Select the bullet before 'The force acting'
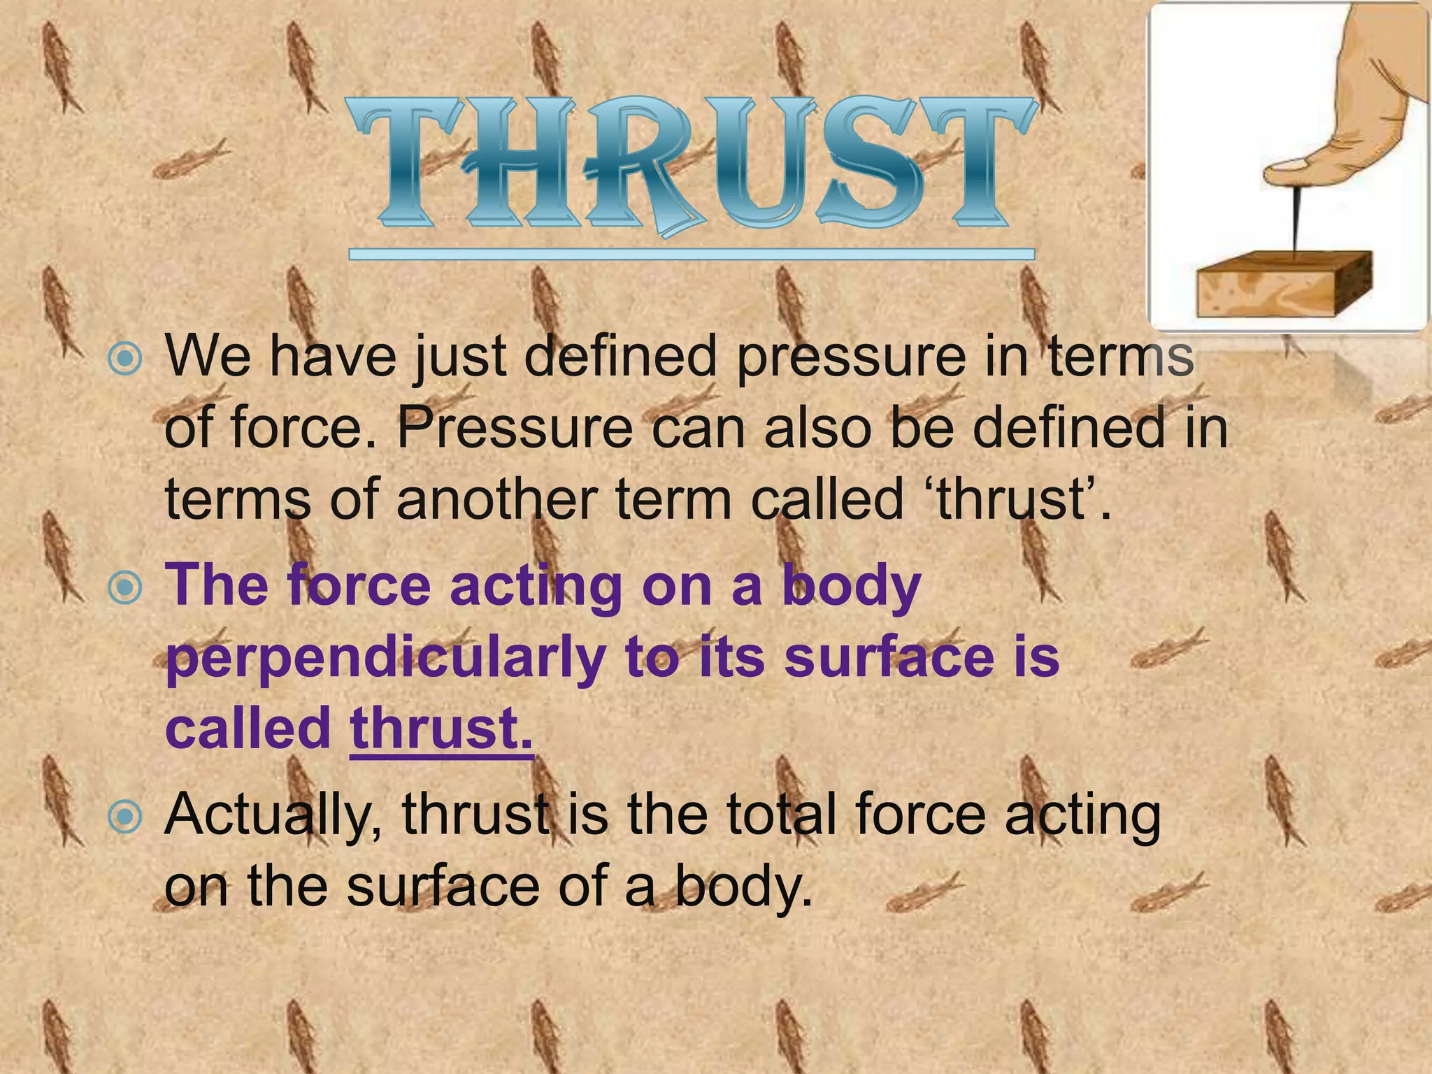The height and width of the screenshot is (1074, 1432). (x=126, y=588)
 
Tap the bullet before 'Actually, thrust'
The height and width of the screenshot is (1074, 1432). (x=126, y=816)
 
